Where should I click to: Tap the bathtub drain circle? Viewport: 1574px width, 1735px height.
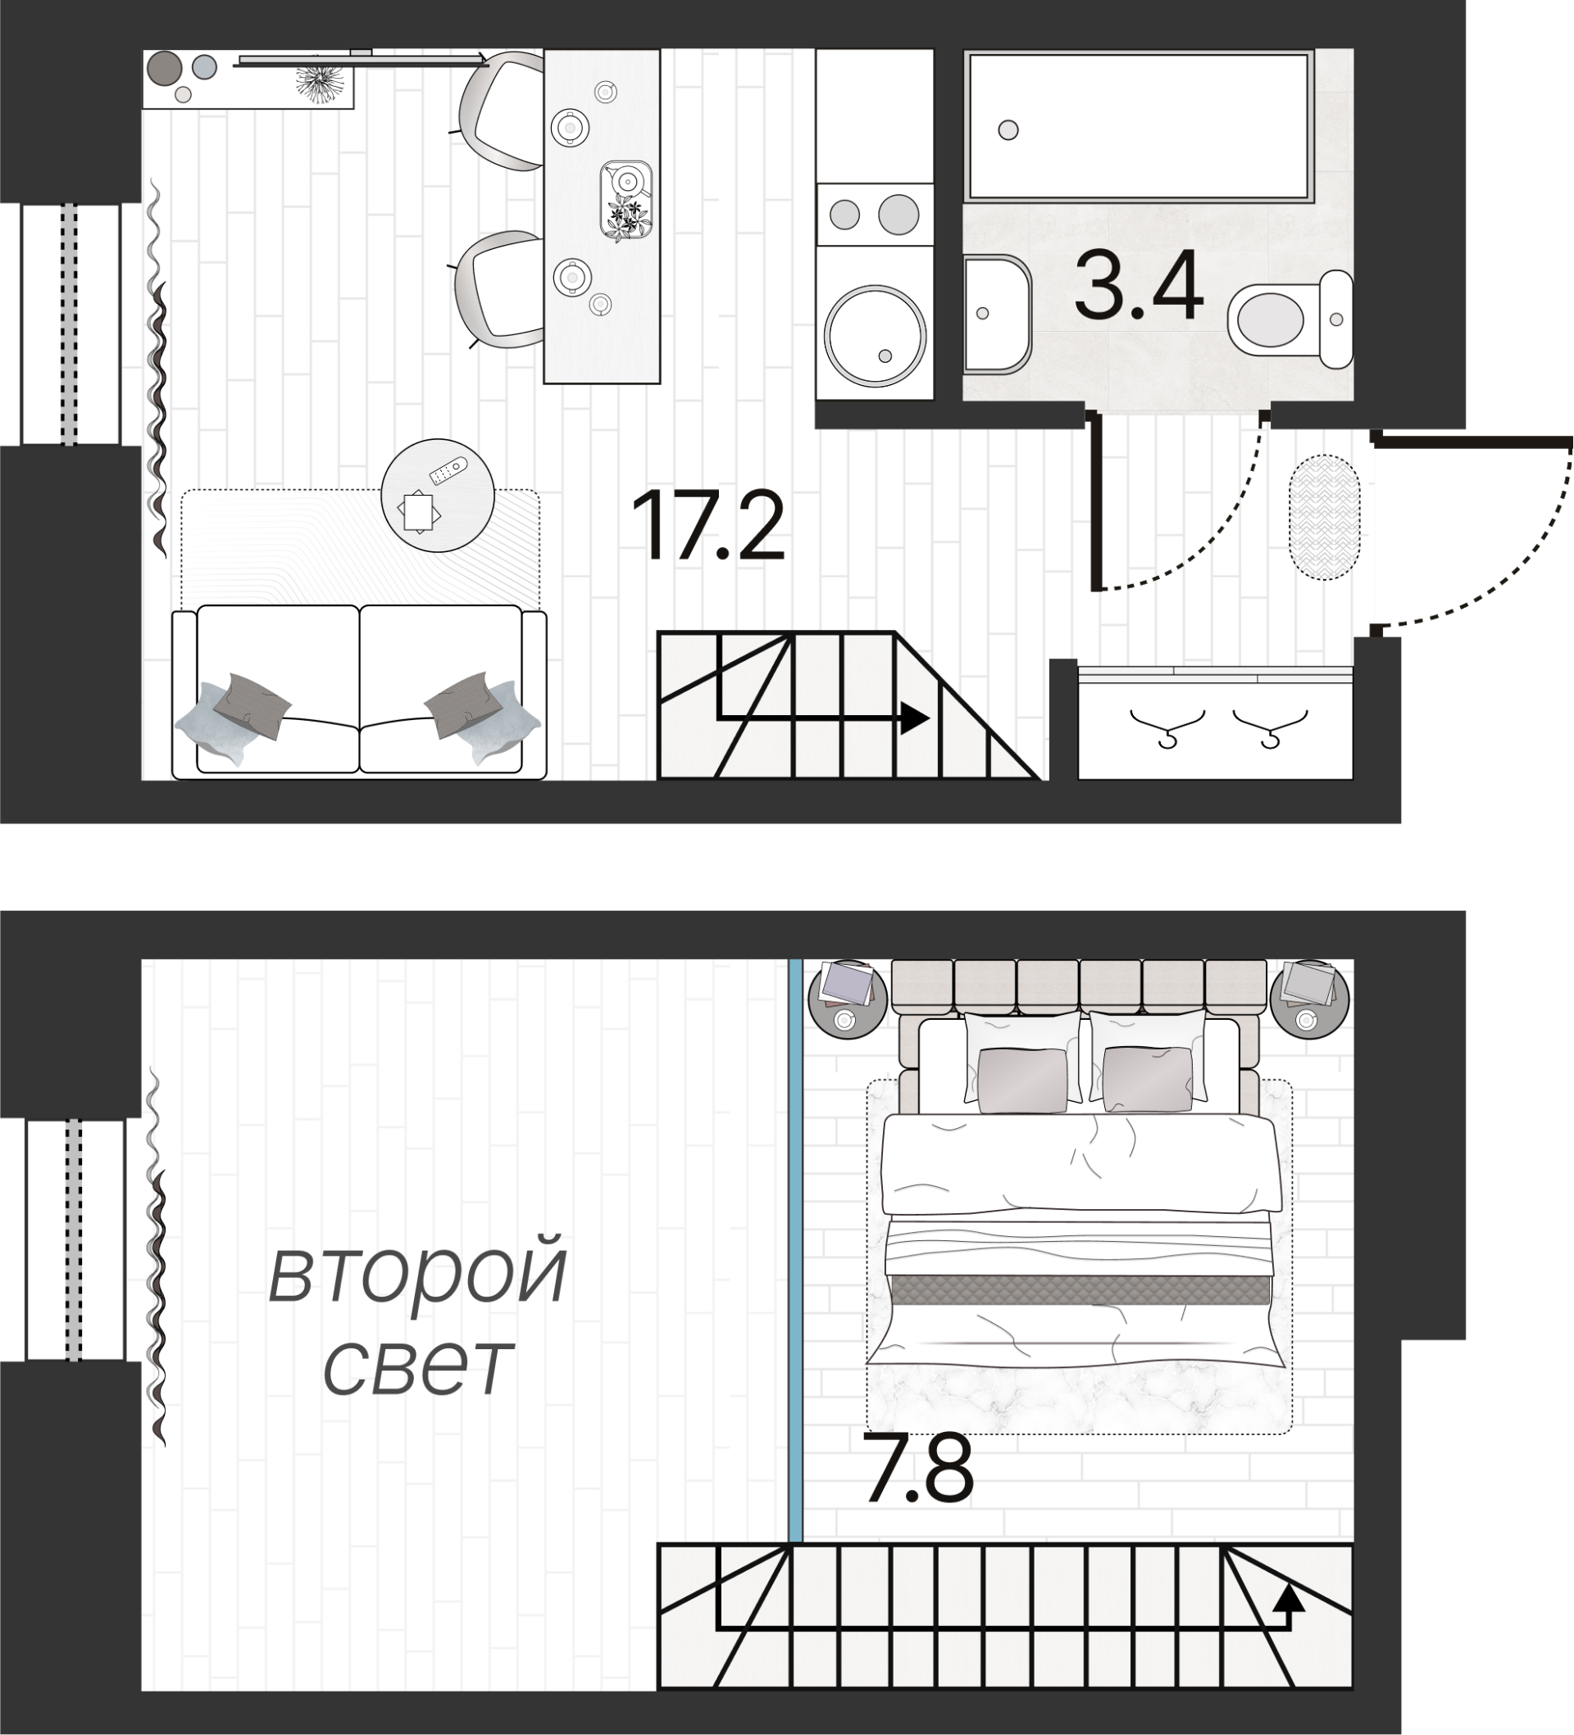click(1008, 131)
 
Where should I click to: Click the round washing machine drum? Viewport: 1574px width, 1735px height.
click(875, 337)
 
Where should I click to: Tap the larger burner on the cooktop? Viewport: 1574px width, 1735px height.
click(898, 214)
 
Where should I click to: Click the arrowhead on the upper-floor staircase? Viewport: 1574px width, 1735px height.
click(1288, 1597)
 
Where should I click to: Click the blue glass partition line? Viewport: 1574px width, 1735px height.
click(796, 1248)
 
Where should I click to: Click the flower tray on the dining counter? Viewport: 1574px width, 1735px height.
click(626, 201)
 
